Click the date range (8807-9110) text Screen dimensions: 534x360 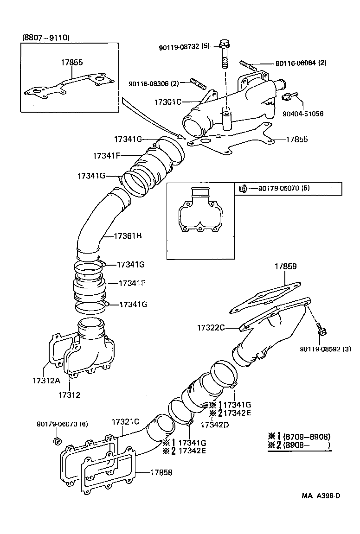click(45, 38)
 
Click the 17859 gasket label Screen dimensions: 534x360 click(285, 267)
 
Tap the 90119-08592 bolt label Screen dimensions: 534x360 click(325, 349)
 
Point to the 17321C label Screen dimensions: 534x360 click(125, 422)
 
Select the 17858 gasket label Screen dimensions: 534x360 click(161, 472)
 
